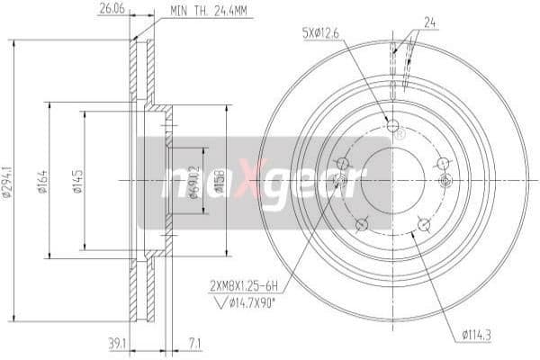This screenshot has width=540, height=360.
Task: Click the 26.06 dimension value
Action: [110, 10]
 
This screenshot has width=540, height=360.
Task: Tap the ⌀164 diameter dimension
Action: [42, 179]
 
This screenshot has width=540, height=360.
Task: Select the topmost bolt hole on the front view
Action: [391, 125]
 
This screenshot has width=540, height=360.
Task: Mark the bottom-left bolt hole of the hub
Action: [360, 224]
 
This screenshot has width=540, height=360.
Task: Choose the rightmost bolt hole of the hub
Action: [441, 164]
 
